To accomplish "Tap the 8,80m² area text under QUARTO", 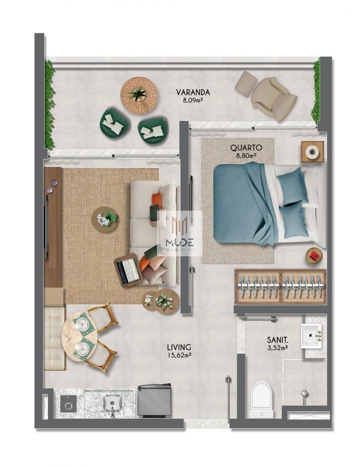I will coord(246,155).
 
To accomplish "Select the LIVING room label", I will coord(178,347).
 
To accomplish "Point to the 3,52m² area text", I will coord(277,348).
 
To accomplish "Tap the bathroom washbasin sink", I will coord(311,336).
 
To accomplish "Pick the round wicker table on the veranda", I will coord(139,95).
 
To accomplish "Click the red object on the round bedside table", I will coord(314,256).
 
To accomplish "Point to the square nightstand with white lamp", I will coord(313,151).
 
